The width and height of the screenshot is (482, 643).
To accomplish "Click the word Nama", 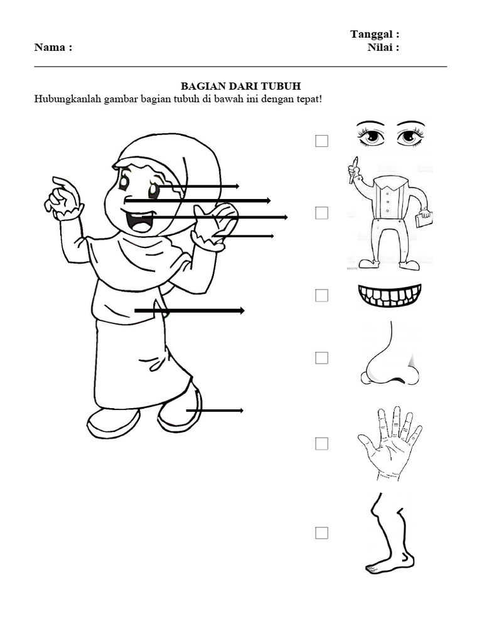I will [50, 48].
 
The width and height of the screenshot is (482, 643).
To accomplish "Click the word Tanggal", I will [372, 35].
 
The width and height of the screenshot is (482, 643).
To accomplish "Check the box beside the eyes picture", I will [322, 141].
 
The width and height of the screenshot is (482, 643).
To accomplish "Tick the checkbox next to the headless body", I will [322, 213].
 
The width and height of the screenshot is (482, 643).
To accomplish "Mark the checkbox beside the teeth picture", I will [322, 295].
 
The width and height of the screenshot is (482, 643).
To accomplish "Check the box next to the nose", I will [322, 358].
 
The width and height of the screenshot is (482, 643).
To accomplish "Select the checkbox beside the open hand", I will [322, 444].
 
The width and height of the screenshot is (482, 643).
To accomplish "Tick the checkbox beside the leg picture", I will [322, 533].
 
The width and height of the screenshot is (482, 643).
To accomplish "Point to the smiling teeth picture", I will [388, 296].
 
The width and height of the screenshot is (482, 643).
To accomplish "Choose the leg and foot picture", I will [389, 534].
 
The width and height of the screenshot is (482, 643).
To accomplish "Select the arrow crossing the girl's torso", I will [188, 311].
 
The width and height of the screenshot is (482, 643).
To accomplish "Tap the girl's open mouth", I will [139, 222].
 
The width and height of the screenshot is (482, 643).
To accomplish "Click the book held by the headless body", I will [424, 219].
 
